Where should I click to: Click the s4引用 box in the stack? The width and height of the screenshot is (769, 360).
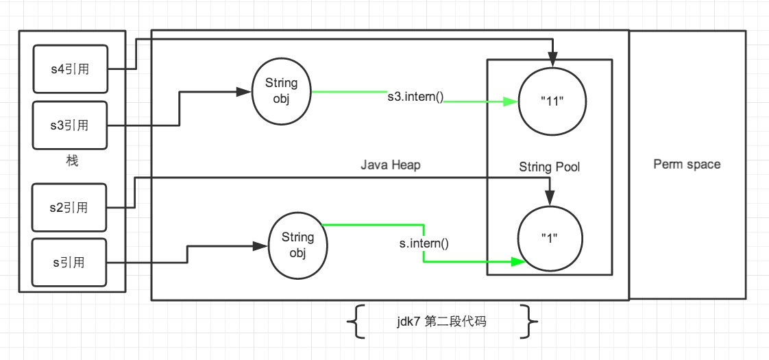(71, 69)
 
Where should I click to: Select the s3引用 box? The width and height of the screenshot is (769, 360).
(71, 125)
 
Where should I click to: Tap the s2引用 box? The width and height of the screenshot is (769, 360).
(71, 207)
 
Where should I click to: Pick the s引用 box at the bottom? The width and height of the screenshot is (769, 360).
(71, 261)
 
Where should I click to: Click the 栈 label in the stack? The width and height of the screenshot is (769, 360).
(72, 162)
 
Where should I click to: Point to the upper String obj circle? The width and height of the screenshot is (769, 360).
(281, 91)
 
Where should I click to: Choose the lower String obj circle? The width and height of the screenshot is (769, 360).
(297, 245)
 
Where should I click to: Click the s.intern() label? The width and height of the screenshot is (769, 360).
(424, 242)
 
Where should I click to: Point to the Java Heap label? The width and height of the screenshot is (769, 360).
(390, 165)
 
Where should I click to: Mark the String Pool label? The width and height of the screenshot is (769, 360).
(549, 167)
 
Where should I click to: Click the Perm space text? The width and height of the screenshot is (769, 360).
(687, 165)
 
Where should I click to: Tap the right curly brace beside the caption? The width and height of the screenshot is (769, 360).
(530, 321)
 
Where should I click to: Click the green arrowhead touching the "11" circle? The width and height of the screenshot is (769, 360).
(511, 102)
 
